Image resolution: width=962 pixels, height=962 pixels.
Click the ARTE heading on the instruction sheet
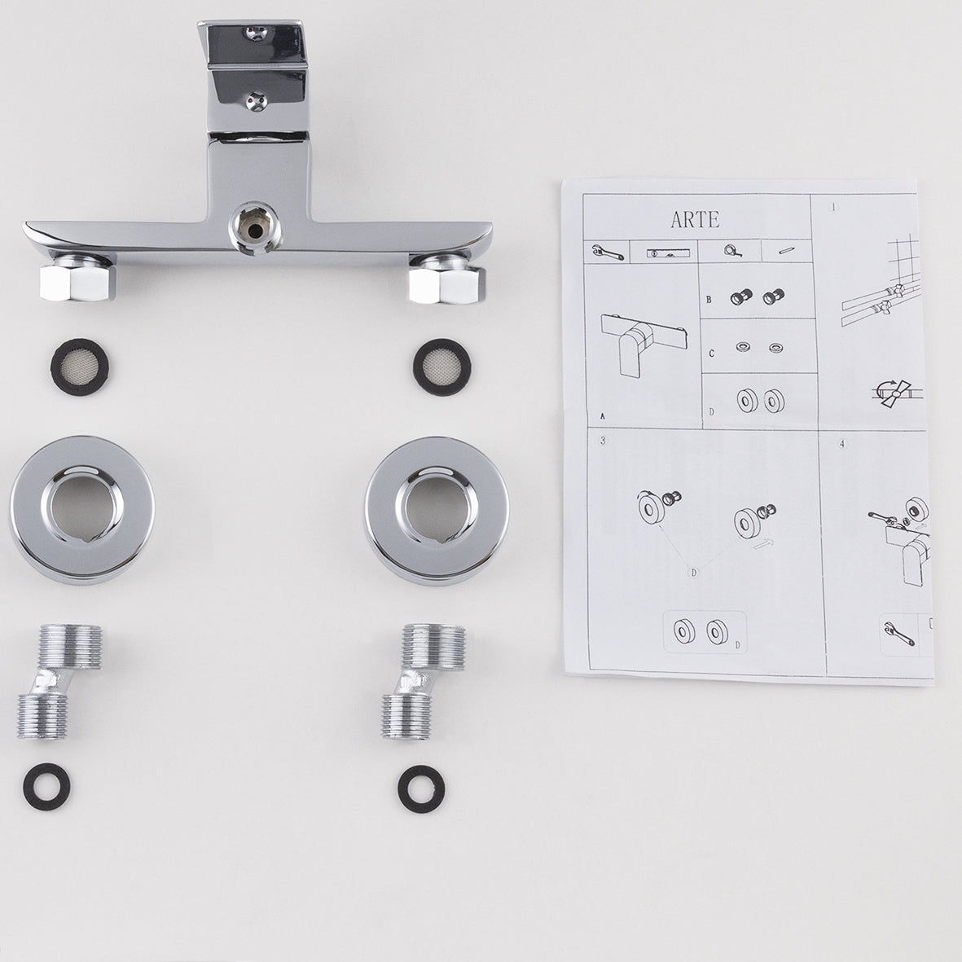695,219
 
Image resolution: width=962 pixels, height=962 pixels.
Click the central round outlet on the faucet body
255,228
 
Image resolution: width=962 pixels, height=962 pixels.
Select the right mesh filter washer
441,367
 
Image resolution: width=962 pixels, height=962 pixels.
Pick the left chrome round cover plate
82,509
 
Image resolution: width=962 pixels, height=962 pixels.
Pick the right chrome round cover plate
437,511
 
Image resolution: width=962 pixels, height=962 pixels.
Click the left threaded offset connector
58,681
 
